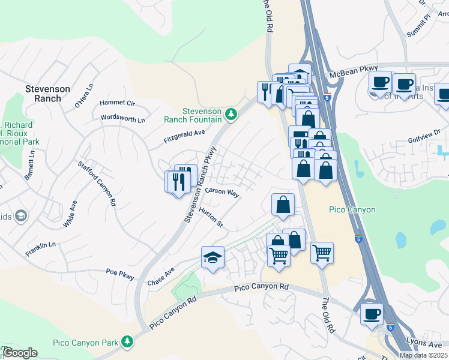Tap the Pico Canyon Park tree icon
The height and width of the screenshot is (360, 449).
pos(127,341)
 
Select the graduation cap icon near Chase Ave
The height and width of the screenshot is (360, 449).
pos(212,257)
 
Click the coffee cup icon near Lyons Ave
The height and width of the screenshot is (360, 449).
pos(372,313)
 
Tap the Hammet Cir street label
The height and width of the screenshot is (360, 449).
pos(117,103)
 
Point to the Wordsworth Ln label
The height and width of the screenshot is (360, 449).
pos(123,118)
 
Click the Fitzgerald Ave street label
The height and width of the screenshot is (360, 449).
pos(185,137)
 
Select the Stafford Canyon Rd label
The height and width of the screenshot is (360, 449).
pos(96,183)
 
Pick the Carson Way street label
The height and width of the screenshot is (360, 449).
pos(222,193)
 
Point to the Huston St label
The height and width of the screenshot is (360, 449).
pos(211,217)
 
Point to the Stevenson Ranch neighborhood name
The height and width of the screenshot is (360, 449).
pos(47,94)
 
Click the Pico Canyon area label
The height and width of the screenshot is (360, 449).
pos(352,209)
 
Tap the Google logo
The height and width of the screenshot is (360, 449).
pos(19,353)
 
